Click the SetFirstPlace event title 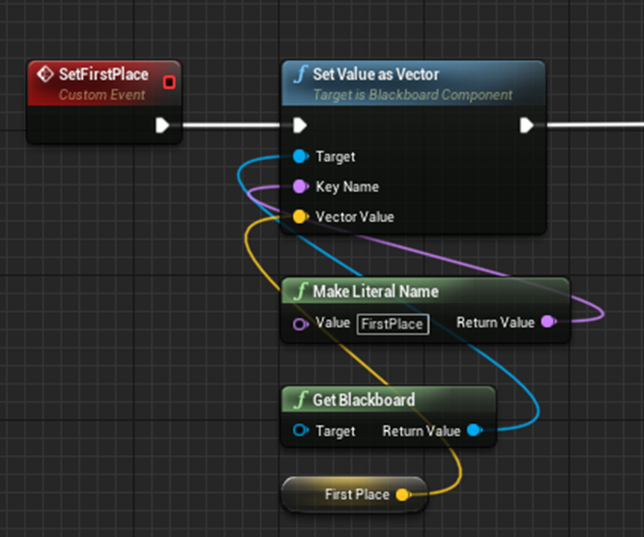click(x=103, y=74)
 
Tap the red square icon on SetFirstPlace click(x=169, y=82)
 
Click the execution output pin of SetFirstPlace click(x=162, y=126)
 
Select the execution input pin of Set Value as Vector click(x=300, y=126)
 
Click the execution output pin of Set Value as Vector click(x=527, y=126)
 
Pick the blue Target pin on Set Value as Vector click(x=301, y=156)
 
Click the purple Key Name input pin click(x=301, y=186)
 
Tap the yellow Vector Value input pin click(x=301, y=216)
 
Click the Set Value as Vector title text click(x=376, y=74)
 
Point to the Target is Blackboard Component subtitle click(x=413, y=95)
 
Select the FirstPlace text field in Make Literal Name click(x=393, y=325)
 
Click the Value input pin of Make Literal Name click(x=301, y=325)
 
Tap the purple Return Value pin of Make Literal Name click(x=548, y=322)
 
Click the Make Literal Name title click(x=376, y=292)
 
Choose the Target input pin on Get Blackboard click(x=301, y=431)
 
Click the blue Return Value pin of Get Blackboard click(x=475, y=431)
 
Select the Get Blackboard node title click(x=364, y=400)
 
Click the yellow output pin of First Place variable click(x=403, y=495)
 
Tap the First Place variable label click(x=357, y=495)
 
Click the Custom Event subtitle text click(x=102, y=95)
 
